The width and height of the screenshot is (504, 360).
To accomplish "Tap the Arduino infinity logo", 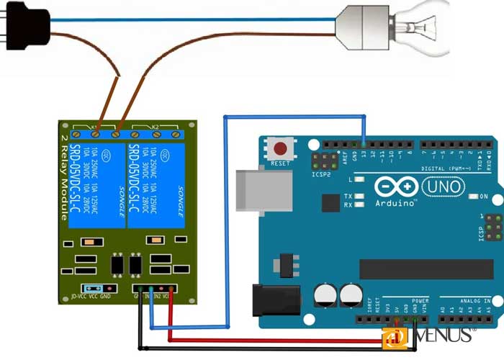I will pos(395,187).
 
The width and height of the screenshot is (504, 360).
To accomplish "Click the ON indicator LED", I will pos(475,196).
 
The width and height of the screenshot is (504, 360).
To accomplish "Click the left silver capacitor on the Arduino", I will pos(325,294).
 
